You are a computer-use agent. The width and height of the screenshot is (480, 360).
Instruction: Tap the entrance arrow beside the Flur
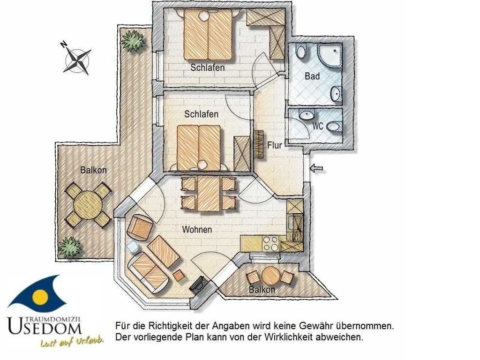tap(316, 168)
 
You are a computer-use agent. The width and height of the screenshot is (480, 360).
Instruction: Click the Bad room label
tap(312, 76)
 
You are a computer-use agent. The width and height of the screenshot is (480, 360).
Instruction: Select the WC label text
tap(318, 126)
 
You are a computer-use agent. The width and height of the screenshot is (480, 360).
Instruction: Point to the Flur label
tap(274, 145)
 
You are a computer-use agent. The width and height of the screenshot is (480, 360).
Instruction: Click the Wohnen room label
tap(197, 229)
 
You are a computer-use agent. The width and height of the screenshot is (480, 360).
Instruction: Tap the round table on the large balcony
tap(88, 204)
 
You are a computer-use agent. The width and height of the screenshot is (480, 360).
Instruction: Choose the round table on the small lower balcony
tap(270, 276)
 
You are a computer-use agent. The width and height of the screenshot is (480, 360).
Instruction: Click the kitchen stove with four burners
tap(270, 244)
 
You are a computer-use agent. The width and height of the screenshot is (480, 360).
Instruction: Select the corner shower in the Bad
tap(329, 56)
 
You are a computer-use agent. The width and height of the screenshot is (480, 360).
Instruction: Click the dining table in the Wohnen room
tap(209, 194)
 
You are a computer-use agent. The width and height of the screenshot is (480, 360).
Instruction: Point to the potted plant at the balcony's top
tap(133, 40)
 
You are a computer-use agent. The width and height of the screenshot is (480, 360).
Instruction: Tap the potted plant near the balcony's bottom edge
tap(70, 247)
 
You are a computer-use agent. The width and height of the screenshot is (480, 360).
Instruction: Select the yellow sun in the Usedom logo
tap(40, 296)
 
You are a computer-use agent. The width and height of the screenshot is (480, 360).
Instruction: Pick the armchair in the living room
tap(141, 227)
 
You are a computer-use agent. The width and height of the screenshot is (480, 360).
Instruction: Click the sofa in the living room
tap(149, 271)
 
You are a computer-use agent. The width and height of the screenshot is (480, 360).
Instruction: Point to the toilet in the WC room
tap(334, 126)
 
